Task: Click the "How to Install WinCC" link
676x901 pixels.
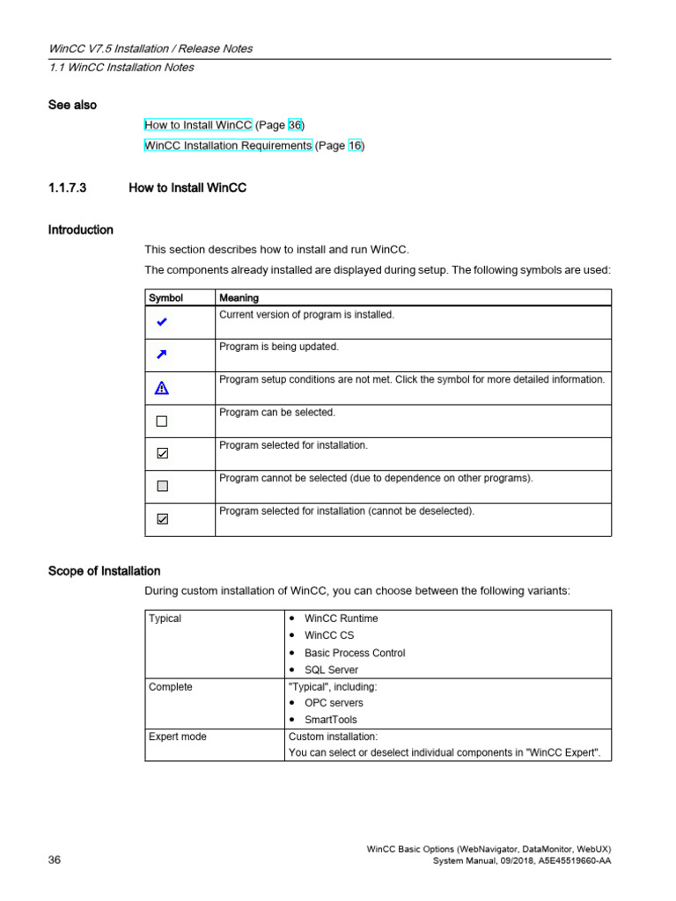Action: (x=198, y=125)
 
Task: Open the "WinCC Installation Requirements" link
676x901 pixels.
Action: (x=227, y=145)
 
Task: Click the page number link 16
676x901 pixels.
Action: (x=355, y=145)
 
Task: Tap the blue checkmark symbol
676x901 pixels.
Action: (x=161, y=323)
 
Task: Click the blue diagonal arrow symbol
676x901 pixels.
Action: (x=161, y=355)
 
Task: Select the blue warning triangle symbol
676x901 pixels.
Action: (x=161, y=387)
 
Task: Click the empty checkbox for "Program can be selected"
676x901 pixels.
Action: (x=161, y=421)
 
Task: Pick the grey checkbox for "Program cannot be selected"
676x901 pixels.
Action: (x=161, y=486)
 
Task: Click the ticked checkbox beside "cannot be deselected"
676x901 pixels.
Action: (x=161, y=519)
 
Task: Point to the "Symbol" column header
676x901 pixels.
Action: (x=165, y=298)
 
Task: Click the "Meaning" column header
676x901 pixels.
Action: (x=239, y=298)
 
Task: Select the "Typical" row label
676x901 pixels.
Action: (x=165, y=619)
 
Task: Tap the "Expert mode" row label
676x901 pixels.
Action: (x=178, y=736)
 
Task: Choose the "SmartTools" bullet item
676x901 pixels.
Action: (x=331, y=720)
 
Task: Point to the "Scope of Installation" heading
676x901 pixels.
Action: (x=104, y=571)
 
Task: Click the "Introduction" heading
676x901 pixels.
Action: (x=80, y=230)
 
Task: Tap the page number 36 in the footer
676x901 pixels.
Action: (x=55, y=860)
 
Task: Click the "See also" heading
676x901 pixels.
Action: (x=72, y=105)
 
